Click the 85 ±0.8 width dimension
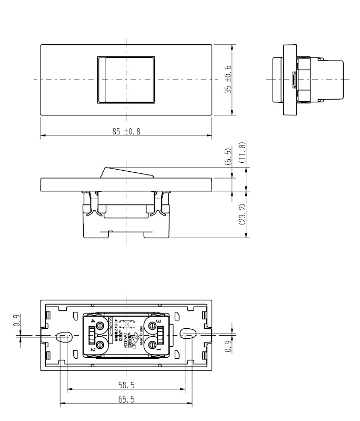click(x=126, y=131)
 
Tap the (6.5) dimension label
click(x=228, y=156)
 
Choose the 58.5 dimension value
click(x=126, y=386)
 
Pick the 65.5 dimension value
click(x=126, y=400)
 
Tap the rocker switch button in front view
click(x=126, y=80)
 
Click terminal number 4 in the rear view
click(x=93, y=321)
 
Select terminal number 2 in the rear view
click(x=93, y=349)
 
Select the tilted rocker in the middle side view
click(x=126, y=172)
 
